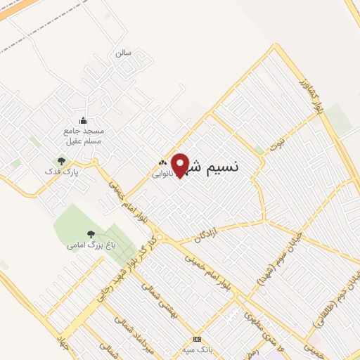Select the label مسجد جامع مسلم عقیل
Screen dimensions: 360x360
click(84, 136)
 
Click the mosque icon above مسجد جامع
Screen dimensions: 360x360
click(83, 120)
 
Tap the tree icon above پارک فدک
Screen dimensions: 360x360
click(62, 161)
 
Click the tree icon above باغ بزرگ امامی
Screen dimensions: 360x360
click(90, 233)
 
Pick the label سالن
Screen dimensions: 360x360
click(124, 53)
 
